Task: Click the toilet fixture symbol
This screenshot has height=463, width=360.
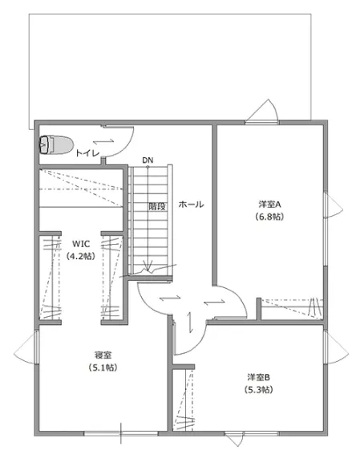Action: (x=56, y=145)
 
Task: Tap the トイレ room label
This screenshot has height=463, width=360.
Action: (x=87, y=153)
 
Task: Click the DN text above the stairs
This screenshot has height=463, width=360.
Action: (x=148, y=160)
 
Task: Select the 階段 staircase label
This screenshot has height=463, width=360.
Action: (x=157, y=206)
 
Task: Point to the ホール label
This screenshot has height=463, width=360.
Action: (x=191, y=205)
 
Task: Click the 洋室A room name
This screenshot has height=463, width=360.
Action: (x=269, y=205)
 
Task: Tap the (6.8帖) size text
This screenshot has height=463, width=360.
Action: (x=269, y=217)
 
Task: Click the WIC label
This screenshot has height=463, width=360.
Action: (x=81, y=244)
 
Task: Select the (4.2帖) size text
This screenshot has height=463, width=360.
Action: (x=81, y=256)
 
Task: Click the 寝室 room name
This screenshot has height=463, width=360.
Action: (x=103, y=355)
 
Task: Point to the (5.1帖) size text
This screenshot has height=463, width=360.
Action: (x=103, y=368)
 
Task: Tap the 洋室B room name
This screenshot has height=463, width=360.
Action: (x=258, y=377)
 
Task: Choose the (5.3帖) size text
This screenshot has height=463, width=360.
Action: (x=258, y=390)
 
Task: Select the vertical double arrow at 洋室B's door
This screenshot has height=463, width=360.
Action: (x=191, y=322)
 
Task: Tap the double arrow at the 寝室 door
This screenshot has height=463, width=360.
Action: (x=170, y=298)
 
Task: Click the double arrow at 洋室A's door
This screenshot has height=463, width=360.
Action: (x=214, y=302)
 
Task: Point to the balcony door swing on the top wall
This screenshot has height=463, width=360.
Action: (x=262, y=111)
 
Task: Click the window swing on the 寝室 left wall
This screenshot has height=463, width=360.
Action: (x=26, y=348)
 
